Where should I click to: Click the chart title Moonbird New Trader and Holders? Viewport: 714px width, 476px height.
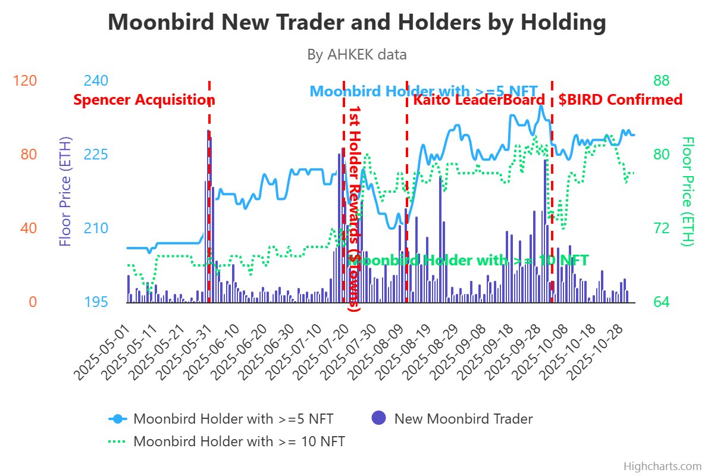pos(357,23)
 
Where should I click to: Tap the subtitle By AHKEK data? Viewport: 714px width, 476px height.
pos(357,55)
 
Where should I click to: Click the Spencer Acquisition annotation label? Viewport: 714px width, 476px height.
pos(144,100)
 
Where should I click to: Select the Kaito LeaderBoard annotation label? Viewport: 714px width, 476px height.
pos(479,100)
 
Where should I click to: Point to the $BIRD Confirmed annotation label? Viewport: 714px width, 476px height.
pos(620,100)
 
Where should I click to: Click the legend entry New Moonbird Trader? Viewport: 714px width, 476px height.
pos(463,419)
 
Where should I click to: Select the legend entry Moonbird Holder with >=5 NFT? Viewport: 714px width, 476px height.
pos(233,419)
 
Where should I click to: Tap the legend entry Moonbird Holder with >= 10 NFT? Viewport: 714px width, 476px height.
pos(239,442)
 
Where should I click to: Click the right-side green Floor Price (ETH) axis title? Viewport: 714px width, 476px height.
pos(688,191)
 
